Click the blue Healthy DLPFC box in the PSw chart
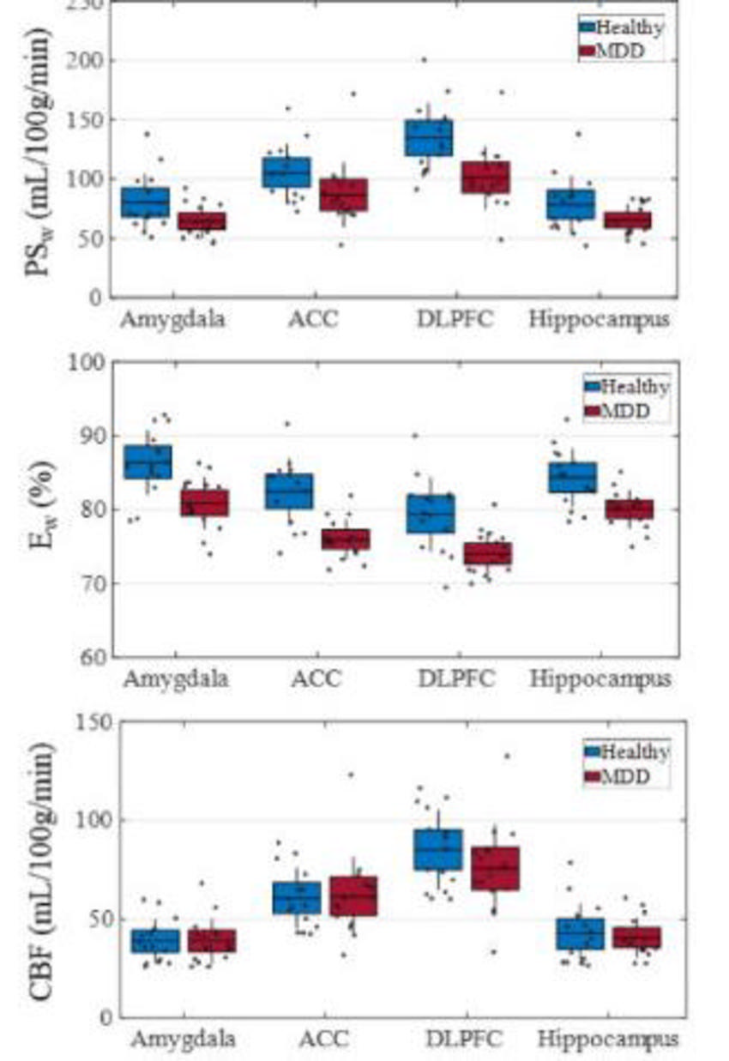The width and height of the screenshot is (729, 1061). [430, 138]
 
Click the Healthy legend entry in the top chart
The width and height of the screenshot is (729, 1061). [622, 27]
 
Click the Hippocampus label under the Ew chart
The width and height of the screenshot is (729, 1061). [600, 679]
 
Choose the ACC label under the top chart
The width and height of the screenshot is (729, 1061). [314, 320]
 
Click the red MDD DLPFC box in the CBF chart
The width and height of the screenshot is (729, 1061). [495, 869]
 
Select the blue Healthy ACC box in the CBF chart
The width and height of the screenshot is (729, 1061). [298, 897]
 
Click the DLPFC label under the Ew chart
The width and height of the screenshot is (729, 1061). [456, 679]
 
